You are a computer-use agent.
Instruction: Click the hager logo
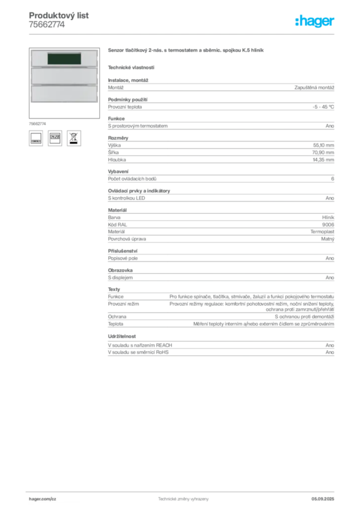pyautogui.click(x=315, y=21)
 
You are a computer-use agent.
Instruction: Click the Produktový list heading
pyautogui.click(x=59, y=15)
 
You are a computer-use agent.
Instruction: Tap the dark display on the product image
pyautogui.click(x=64, y=59)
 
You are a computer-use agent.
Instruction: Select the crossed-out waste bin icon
pyautogui.click(x=74, y=138)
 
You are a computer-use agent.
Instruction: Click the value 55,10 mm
pyautogui.click(x=323, y=145)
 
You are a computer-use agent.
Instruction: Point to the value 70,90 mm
pyautogui.click(x=323, y=152)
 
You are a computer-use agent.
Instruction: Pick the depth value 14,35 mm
pyautogui.click(x=323, y=160)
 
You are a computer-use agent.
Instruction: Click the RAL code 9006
pyautogui.click(x=328, y=225)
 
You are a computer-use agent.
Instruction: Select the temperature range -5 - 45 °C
pyautogui.click(x=323, y=107)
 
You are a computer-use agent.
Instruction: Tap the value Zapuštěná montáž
pyautogui.click(x=314, y=87)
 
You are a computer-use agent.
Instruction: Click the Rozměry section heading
pyautogui.click(x=118, y=138)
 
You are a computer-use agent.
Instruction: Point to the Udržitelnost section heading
pyautogui.click(x=122, y=337)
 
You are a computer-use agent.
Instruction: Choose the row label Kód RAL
pyautogui.click(x=117, y=225)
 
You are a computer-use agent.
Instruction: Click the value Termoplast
pyautogui.click(x=322, y=232)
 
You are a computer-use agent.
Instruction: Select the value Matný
pyautogui.click(x=328, y=239)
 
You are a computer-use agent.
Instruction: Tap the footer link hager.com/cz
pyautogui.click(x=43, y=499)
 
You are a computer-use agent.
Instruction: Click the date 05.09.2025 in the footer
pyautogui.click(x=323, y=499)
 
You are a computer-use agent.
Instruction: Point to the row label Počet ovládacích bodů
pyautogui.click(x=132, y=179)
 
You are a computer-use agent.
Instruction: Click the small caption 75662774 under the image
pyautogui.click(x=37, y=124)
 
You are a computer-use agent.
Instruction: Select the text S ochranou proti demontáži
pyautogui.click(x=304, y=317)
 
